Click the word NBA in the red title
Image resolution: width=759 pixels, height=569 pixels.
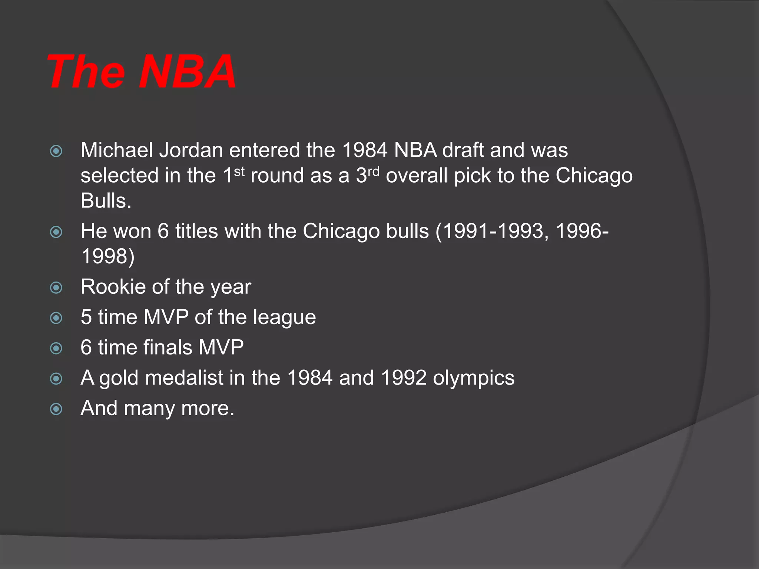(x=187, y=72)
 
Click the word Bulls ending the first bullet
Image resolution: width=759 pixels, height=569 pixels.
(x=106, y=201)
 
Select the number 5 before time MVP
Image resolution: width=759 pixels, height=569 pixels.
(x=86, y=317)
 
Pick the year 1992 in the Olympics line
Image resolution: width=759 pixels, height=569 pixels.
(x=404, y=378)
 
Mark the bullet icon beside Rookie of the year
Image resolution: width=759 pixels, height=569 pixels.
(x=56, y=287)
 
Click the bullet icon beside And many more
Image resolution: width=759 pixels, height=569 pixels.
(x=56, y=409)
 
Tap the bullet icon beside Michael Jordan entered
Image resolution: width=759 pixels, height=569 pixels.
(x=56, y=151)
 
